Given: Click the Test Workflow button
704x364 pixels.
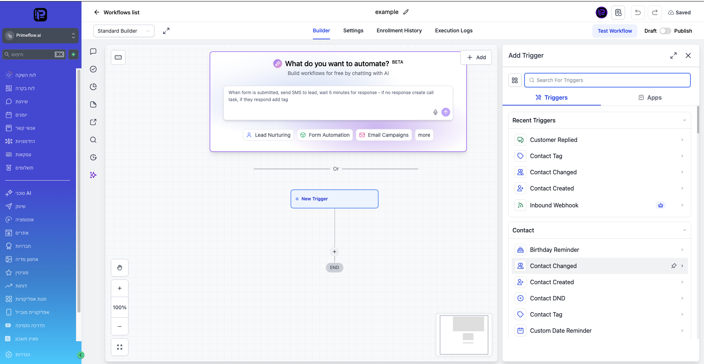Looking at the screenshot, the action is click(614, 31).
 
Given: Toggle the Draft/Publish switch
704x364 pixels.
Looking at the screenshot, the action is click(665, 31).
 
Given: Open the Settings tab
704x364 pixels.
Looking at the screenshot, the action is click(353, 31).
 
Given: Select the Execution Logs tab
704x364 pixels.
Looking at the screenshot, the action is click(454, 31).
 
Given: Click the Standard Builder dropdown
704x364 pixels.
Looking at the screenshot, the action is click(124, 31).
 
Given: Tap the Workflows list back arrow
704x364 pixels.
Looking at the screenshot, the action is click(97, 12).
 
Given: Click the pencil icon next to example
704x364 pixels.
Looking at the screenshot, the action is click(406, 12).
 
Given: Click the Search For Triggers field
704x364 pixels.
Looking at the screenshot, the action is click(607, 80).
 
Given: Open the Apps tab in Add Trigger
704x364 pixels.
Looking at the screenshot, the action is click(650, 97).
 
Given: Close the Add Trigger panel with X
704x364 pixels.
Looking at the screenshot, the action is click(688, 56).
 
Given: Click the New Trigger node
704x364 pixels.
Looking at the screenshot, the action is click(334, 199).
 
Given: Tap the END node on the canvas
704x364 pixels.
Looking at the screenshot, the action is click(334, 268).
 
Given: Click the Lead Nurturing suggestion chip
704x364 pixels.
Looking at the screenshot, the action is click(268, 135).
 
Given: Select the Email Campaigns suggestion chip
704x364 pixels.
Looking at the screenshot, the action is click(384, 135).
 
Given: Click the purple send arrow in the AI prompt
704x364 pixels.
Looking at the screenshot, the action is click(446, 112).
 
